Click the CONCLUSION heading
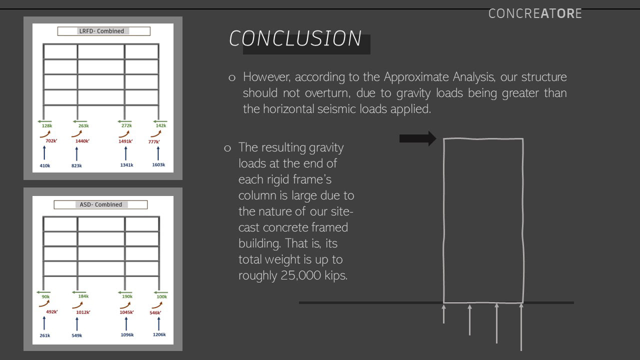295,39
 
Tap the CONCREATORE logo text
535,13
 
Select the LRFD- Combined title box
103,31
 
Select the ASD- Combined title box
100,204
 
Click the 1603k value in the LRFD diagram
158,165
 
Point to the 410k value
45,165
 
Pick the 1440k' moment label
82,141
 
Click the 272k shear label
126,126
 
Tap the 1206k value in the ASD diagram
159,335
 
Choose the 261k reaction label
45,335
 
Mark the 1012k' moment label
83,312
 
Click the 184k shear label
83,296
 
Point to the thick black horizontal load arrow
417,138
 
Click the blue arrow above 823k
76,153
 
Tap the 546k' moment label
155,313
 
